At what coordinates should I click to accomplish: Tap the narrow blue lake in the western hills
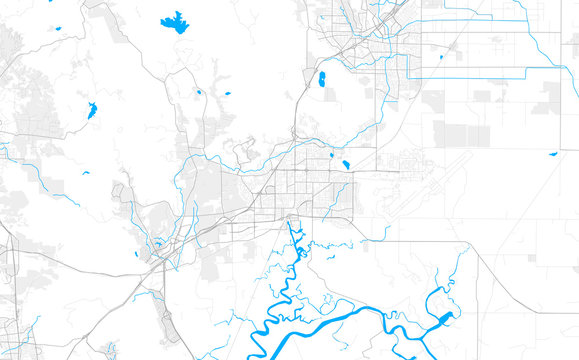tap(91, 110)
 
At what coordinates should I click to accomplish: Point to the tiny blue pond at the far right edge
tap(552, 153)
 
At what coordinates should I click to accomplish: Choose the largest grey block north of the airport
tap(456, 134)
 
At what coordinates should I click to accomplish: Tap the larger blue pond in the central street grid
tap(345, 164)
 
